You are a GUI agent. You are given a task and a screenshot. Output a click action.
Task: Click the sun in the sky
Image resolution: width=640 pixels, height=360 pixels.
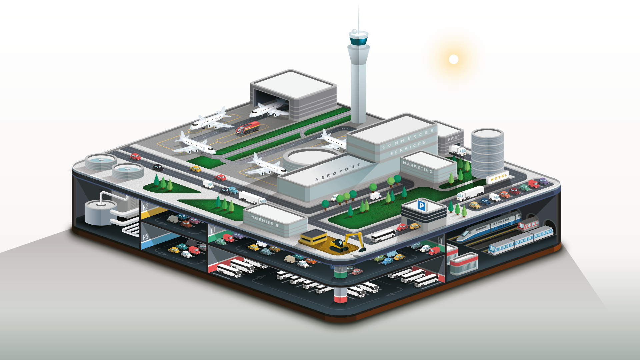click(453, 59)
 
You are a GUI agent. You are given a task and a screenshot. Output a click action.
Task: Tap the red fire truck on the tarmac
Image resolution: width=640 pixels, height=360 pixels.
click(248, 128)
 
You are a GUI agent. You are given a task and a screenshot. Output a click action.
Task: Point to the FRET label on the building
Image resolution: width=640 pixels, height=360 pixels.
click(454, 138)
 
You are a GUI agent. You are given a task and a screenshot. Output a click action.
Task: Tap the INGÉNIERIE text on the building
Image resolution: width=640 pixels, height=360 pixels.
click(264, 221)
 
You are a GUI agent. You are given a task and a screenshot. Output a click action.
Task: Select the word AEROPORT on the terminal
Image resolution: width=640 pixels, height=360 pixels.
click(337, 172)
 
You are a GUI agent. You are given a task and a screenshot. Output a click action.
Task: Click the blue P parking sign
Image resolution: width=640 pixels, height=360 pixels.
click(421, 205)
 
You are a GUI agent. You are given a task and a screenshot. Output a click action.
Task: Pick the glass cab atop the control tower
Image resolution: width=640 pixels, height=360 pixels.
click(359, 41)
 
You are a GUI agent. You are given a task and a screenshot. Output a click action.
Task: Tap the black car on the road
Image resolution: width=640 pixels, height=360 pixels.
click(158, 167)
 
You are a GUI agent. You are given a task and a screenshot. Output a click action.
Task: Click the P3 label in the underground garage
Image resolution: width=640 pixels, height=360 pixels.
click(146, 237)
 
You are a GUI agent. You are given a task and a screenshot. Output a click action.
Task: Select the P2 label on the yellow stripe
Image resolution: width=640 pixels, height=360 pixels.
click(145, 207)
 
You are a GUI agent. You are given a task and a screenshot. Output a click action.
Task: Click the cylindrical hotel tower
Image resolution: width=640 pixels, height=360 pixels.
click(487, 153)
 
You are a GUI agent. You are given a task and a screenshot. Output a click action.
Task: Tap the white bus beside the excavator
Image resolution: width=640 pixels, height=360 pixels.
click(383, 235)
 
